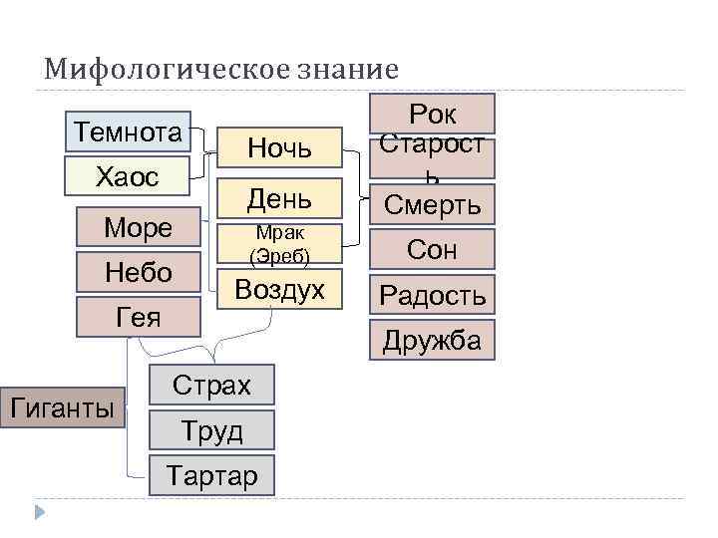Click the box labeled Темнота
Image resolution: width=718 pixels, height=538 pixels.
128,133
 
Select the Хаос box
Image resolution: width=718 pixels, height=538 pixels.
128,176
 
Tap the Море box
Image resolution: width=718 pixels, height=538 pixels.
139,228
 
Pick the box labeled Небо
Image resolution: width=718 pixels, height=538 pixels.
139,272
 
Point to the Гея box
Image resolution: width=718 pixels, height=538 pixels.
139,316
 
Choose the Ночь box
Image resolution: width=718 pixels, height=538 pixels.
279,149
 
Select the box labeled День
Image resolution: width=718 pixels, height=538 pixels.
279,199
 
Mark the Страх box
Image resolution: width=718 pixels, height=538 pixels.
211,386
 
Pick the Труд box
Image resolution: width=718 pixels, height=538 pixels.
211,430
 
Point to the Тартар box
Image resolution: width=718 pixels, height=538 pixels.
211,475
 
